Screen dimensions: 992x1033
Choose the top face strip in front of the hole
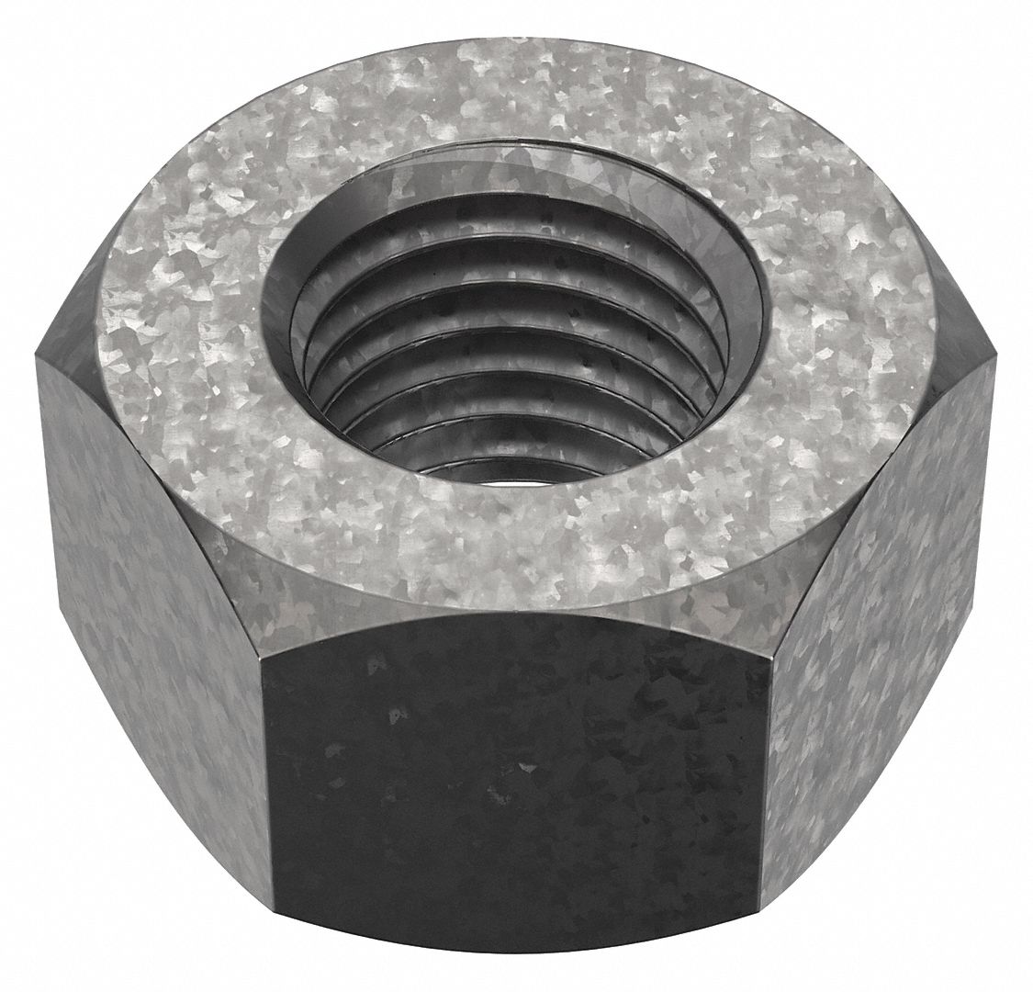(x=514, y=542)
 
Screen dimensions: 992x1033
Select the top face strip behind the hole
(x=514, y=92)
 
